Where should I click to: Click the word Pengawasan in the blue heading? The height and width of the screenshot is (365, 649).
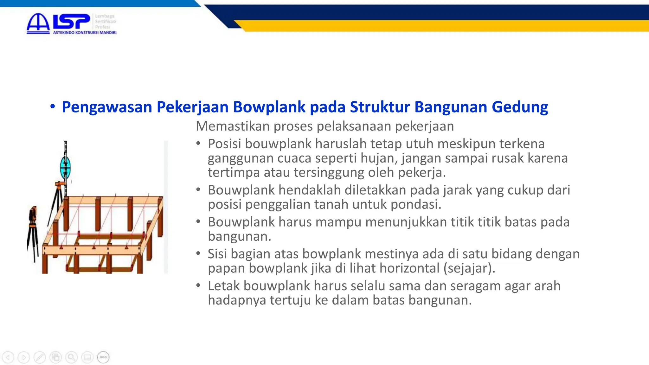[x=107, y=107]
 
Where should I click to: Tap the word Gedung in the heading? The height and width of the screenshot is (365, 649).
[x=520, y=107]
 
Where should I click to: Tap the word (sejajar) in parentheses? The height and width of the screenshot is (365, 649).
[x=469, y=268]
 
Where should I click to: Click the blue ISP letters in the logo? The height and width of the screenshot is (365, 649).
[x=71, y=22]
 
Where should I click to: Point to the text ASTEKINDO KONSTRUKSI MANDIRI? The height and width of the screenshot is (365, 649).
[x=85, y=33]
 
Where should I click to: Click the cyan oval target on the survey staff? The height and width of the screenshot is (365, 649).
[x=65, y=167]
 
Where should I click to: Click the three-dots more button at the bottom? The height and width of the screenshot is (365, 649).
[x=103, y=357]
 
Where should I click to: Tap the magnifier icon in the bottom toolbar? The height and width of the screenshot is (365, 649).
[x=72, y=357]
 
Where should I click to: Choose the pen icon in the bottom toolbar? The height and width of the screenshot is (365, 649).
[x=40, y=357]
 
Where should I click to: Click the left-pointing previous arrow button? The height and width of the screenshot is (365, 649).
[x=8, y=357]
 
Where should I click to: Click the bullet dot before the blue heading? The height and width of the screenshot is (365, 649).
[x=53, y=106]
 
